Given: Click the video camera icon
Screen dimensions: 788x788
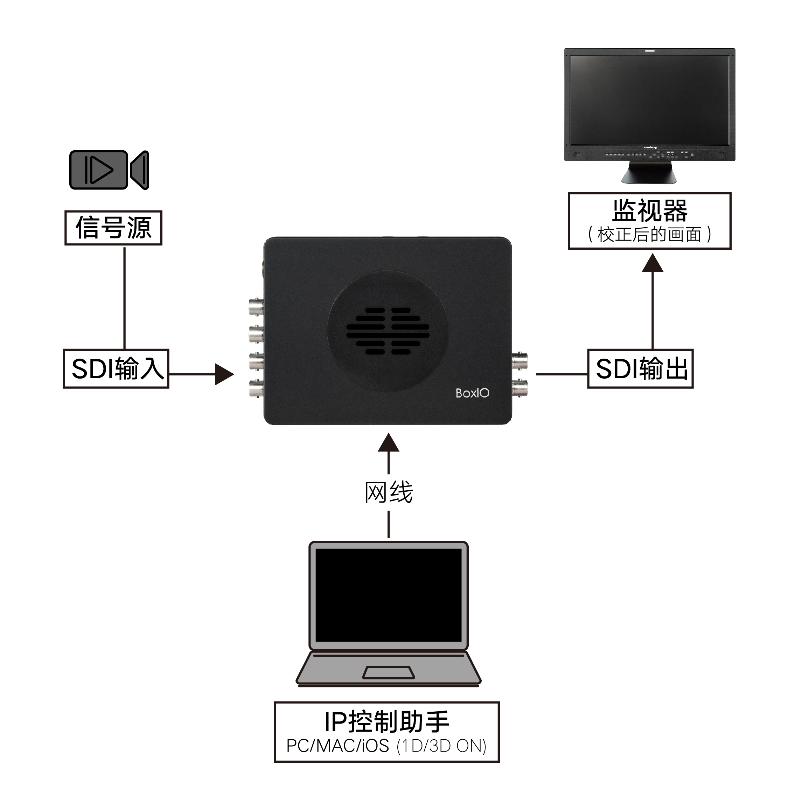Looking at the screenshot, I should (109, 170).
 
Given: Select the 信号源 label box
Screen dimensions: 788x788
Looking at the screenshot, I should (113, 228).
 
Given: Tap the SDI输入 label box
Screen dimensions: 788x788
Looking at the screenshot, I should (116, 368).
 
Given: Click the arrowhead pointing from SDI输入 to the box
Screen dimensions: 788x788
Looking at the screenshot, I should (224, 374).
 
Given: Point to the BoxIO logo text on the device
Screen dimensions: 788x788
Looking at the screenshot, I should (472, 393).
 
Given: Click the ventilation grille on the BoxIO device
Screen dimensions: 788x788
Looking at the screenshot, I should (388, 331).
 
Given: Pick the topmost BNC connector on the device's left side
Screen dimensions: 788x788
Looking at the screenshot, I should (256, 306).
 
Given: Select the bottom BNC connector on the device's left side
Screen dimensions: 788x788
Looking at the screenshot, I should (256, 388).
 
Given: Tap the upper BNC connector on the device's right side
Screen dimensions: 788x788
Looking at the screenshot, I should (519, 361).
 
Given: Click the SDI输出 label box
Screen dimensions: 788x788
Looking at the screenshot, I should (640, 368).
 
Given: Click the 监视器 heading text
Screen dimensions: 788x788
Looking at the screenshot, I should (650, 210).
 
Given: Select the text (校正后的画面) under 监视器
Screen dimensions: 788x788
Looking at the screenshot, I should (650, 235).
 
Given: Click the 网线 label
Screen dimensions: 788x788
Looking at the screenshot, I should (388, 492).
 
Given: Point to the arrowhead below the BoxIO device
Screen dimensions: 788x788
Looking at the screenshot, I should (388, 443).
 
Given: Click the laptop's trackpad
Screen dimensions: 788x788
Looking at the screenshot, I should (388, 673).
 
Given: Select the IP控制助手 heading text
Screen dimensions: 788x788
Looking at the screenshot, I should (387, 722).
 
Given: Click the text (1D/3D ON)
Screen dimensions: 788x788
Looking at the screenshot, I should (442, 746).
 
